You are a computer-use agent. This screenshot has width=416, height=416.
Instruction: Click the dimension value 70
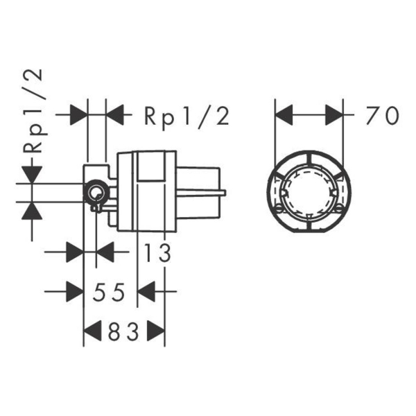pos(383,115)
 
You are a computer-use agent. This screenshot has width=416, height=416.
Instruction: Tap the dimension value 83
pos(123,331)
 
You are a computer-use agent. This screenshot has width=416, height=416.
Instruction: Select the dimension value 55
pos(109,292)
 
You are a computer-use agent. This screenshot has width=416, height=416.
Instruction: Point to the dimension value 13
pos(157,253)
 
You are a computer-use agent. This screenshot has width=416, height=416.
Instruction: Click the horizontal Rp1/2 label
pos(187,116)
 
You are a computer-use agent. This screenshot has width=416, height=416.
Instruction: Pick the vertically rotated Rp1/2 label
pos(33,111)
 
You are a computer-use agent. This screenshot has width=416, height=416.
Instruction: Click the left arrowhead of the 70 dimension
pos(284,115)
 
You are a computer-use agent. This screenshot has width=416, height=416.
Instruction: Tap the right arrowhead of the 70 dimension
pos(334,115)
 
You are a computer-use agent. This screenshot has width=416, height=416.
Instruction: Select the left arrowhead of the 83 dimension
pos(92,331)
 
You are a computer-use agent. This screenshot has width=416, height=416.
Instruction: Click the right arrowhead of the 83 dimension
pos(156,331)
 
